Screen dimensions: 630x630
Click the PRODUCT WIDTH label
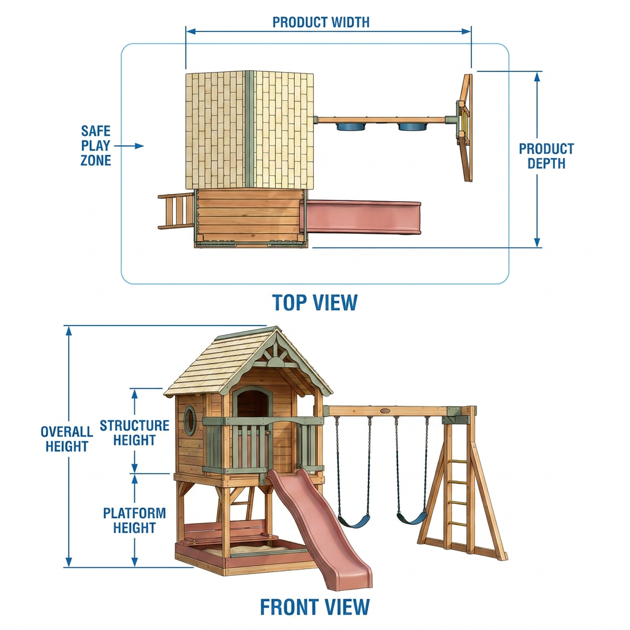tap(321, 22)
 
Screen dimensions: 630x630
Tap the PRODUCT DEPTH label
tap(546, 156)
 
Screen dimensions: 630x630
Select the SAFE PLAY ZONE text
tap(95, 145)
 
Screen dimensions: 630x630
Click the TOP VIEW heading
tap(315, 303)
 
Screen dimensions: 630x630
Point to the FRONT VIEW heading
tap(314, 607)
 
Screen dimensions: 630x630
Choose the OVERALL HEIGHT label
tap(66, 439)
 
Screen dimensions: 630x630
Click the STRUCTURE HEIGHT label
tap(134, 433)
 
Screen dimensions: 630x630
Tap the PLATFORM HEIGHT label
tap(134, 520)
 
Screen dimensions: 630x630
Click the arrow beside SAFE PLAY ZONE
tap(129, 146)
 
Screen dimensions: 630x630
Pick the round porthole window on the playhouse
tap(190, 420)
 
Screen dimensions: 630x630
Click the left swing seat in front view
tap(354, 522)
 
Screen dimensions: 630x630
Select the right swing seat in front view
tap(412, 517)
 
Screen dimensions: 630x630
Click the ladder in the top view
tap(176, 211)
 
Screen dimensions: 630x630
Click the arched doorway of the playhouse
tap(252, 404)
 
